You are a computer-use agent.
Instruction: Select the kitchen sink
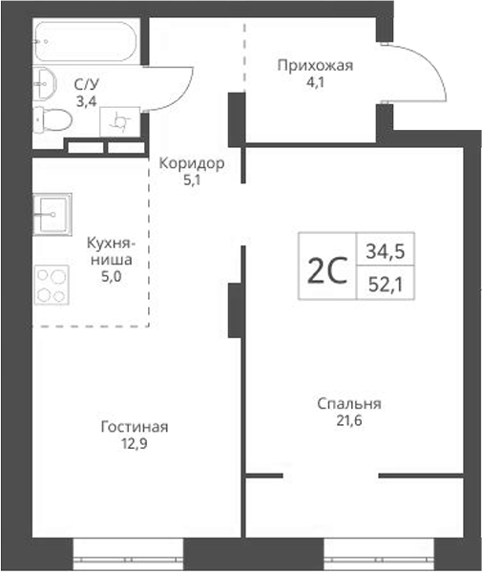click(52, 213)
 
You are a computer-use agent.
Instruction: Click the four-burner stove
click(52, 285)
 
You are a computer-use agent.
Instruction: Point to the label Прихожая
click(315, 66)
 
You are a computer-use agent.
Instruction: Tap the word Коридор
click(192, 163)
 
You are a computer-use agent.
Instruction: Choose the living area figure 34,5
click(384, 252)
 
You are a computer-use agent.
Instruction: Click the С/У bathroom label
click(88, 84)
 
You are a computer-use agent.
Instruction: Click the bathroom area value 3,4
click(88, 99)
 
